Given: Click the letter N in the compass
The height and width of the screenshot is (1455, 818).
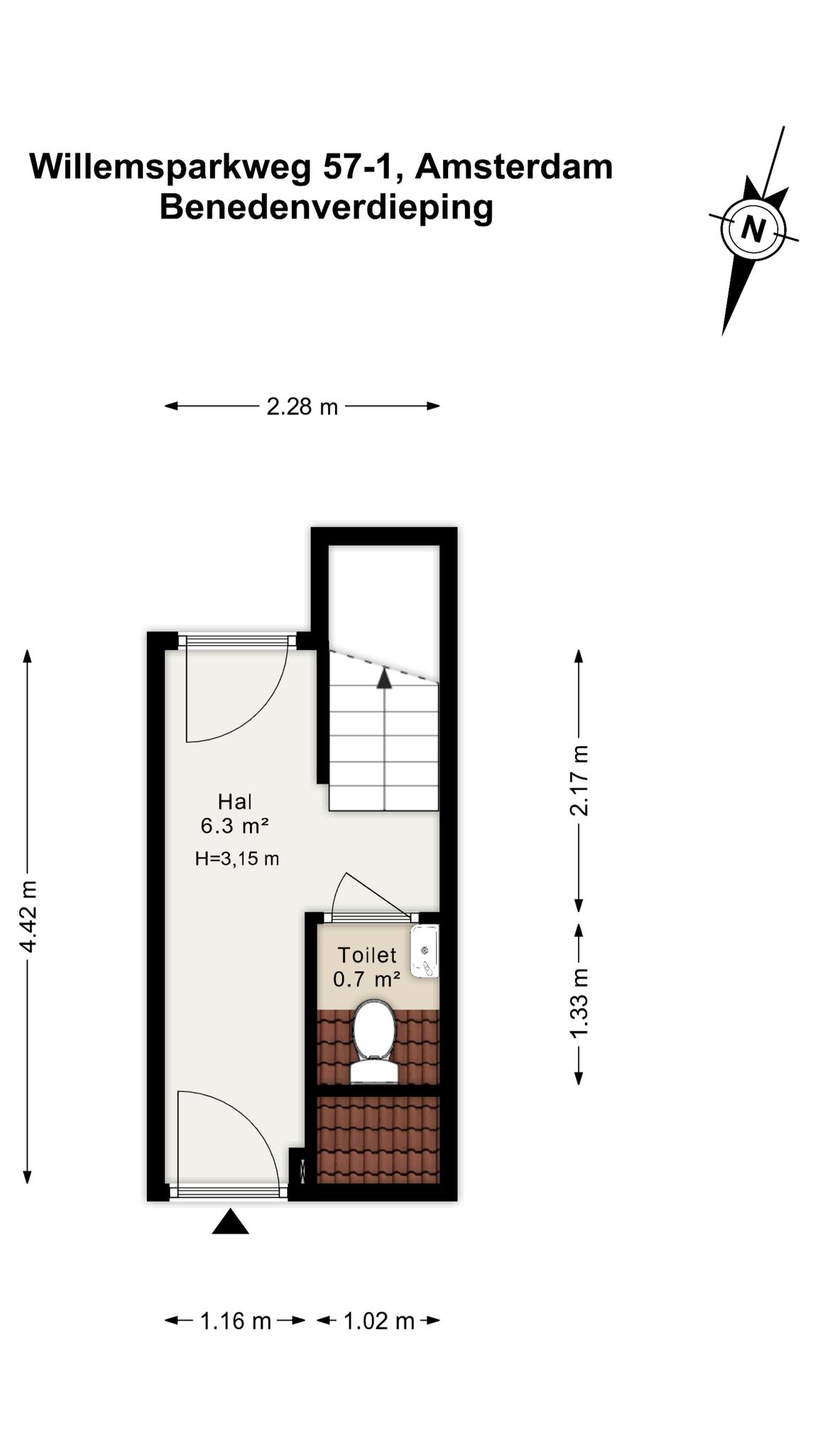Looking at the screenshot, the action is [753, 229].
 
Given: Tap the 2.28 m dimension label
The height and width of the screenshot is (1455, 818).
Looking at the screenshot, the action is [302, 407].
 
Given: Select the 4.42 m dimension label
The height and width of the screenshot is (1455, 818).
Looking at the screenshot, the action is [28, 916].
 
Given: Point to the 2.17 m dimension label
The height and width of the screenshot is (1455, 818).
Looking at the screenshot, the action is [579, 780].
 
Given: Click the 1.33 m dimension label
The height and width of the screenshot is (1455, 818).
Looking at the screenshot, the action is [579, 1002].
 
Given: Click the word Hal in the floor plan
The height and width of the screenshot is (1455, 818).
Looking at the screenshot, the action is [235, 802].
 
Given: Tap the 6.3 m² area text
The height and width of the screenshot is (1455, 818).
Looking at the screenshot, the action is [234, 826].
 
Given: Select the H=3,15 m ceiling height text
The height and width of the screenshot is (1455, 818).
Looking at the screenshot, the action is [237, 859].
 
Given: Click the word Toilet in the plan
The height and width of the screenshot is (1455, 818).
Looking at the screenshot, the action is [366, 955].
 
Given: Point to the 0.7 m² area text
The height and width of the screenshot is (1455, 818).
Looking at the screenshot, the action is [366, 980].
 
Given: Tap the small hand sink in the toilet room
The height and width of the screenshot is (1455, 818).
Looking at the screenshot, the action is [425, 951].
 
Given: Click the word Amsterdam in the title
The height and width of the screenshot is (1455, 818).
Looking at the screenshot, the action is [514, 167].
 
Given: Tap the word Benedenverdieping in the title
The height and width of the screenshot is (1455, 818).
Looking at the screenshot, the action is [326, 208].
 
